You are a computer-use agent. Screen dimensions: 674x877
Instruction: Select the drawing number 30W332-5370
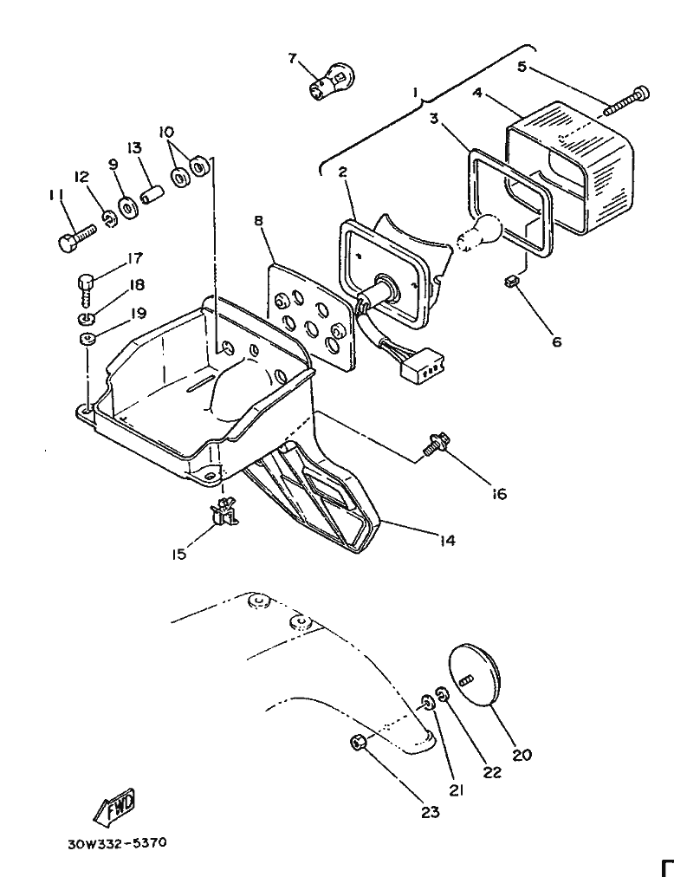coord(117,842)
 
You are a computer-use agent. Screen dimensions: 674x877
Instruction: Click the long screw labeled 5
coord(626,101)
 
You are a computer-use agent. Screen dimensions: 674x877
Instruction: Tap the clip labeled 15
coord(224,512)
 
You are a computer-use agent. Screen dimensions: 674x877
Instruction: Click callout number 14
coord(447,540)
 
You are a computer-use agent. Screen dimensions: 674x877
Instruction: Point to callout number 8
coord(258,221)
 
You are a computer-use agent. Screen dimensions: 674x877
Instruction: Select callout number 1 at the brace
coord(416,92)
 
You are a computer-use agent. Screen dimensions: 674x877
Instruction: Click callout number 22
coord(492,772)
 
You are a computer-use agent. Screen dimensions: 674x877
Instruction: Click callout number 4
coord(477,92)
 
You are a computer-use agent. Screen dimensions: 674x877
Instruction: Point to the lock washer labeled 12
coord(110,220)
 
